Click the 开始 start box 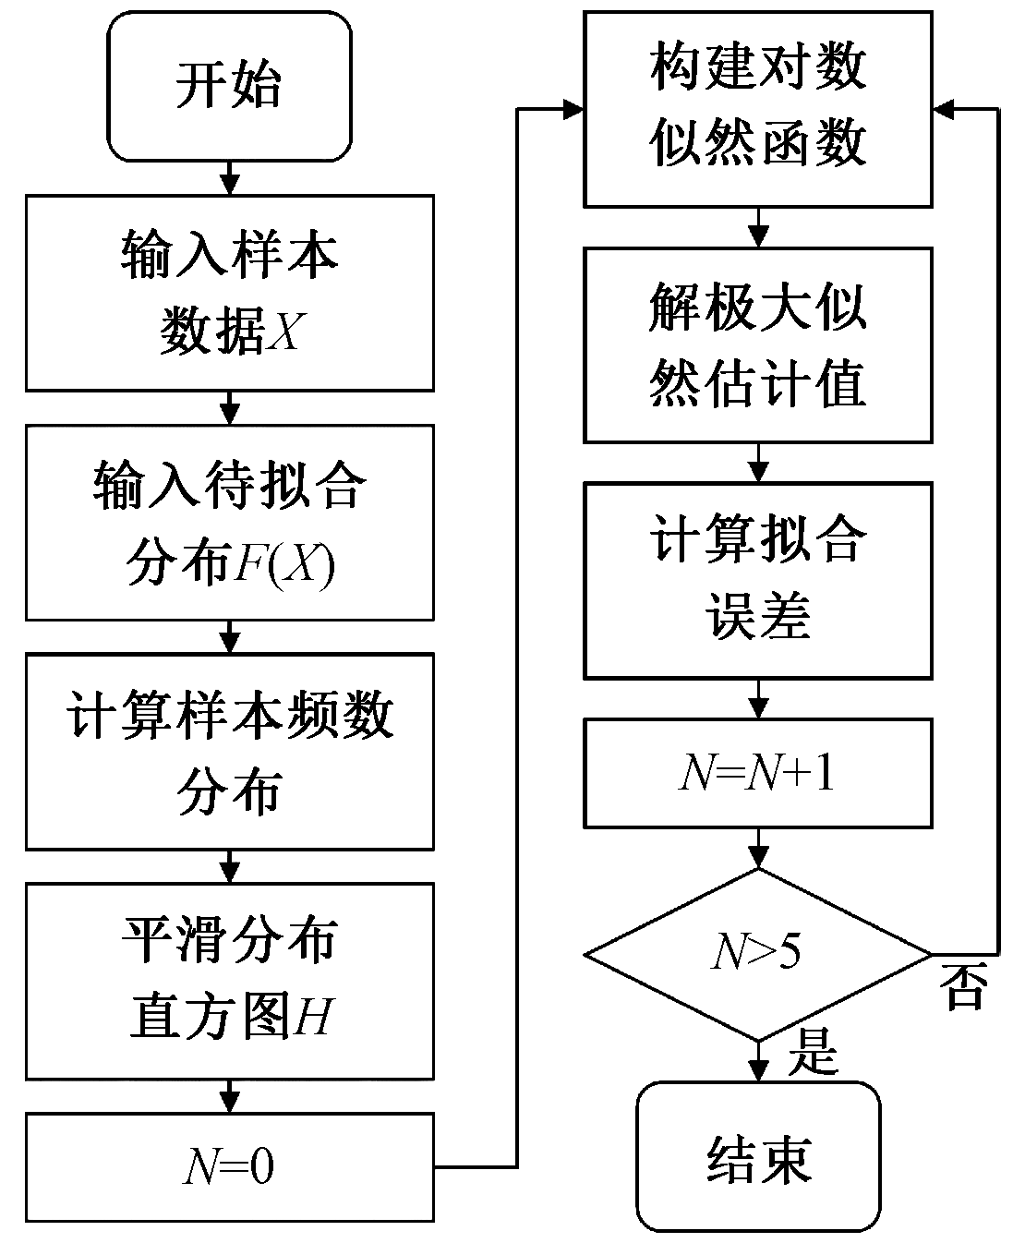pos(229,87)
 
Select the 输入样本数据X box pos(229,292)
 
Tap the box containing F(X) pos(229,522)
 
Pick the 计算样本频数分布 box pos(229,751)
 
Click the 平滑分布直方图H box pos(229,981)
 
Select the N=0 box pos(229,1168)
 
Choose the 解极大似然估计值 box pos(757,344)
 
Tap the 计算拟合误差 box pos(757,577)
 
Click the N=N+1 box pos(757,774)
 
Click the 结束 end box pos(757,1158)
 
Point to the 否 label pos(963,988)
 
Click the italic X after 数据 pos(283,332)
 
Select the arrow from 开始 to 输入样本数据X pos(229,177)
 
